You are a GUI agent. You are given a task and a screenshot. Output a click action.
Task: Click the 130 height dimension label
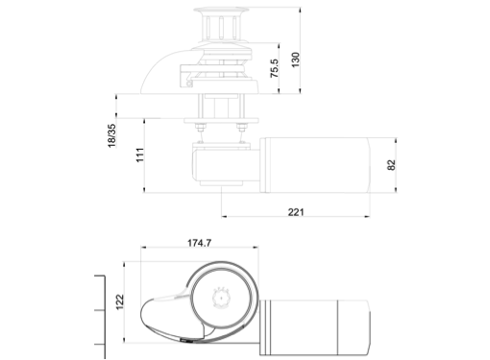pyautogui.click(x=295, y=60)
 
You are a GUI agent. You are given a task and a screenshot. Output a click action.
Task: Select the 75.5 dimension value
pyautogui.click(x=275, y=68)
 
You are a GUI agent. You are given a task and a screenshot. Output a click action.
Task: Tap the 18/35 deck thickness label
pyautogui.click(x=111, y=135)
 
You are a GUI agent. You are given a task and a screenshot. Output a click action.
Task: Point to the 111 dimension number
pyautogui.click(x=140, y=155)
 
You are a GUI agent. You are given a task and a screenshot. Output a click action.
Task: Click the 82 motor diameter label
pyautogui.click(x=391, y=165)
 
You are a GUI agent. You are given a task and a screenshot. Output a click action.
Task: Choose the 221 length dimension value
pyautogui.click(x=296, y=212)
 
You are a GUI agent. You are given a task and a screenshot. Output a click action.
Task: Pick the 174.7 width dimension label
pyautogui.click(x=199, y=243)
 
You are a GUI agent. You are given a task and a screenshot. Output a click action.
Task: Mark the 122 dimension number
pyautogui.click(x=119, y=301)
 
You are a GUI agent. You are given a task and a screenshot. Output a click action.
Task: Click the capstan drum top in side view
pyautogui.click(x=221, y=11)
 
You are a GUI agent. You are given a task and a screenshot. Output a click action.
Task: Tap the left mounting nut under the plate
pyautogui.click(x=201, y=128)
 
